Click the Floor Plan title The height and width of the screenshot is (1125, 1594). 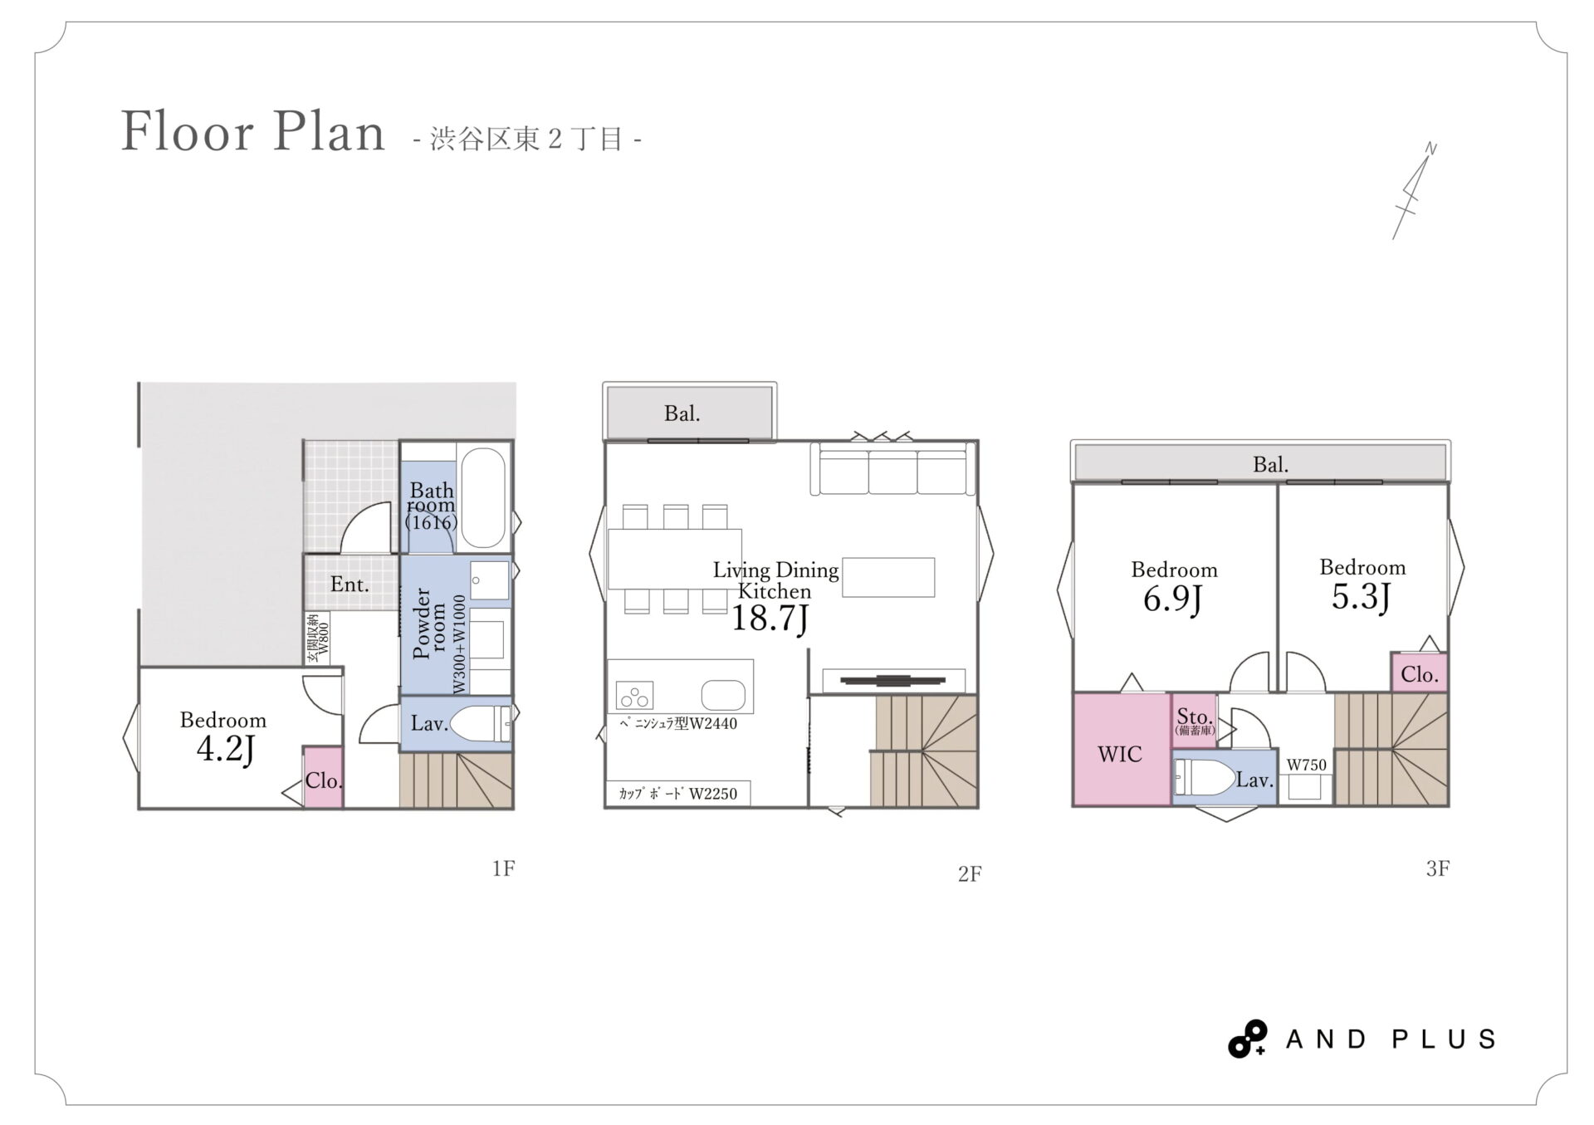[253, 132]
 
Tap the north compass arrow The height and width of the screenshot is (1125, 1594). [1414, 192]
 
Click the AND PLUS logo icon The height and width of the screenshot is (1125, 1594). [1248, 1039]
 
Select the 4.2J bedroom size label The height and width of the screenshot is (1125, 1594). [225, 749]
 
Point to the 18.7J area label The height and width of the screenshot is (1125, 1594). [770, 619]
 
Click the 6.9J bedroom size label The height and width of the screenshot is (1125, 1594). [1173, 599]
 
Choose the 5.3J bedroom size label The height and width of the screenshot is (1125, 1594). [1362, 597]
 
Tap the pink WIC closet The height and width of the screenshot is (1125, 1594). [1122, 749]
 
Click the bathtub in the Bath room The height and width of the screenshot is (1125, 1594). [482, 498]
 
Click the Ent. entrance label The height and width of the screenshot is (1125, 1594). [350, 585]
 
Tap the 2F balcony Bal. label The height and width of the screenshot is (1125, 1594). [682, 413]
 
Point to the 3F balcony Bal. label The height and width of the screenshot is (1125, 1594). [1270, 465]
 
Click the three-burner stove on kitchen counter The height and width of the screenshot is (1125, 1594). [634, 695]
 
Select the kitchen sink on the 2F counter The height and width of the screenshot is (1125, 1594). [724, 695]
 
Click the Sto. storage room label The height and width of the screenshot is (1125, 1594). [1195, 717]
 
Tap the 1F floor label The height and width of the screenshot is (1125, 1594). [503, 868]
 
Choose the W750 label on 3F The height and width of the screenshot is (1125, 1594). [1307, 765]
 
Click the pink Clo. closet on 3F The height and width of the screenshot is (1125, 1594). [1420, 673]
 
